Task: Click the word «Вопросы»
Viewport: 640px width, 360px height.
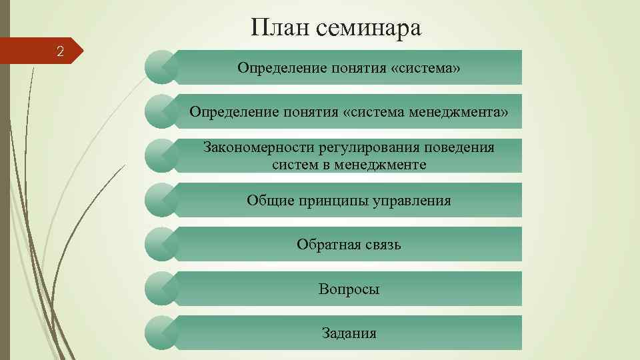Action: pyautogui.click(x=349, y=289)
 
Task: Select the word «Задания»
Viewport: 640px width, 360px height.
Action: pyautogui.click(x=349, y=333)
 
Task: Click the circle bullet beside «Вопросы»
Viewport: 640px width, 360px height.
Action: pyautogui.click(x=161, y=289)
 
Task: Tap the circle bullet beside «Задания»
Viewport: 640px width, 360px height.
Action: pyautogui.click(x=161, y=333)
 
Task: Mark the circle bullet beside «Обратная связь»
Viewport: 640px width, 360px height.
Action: pyautogui.click(x=161, y=244)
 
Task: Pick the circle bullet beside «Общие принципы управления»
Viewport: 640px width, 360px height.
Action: pyautogui.click(x=161, y=200)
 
